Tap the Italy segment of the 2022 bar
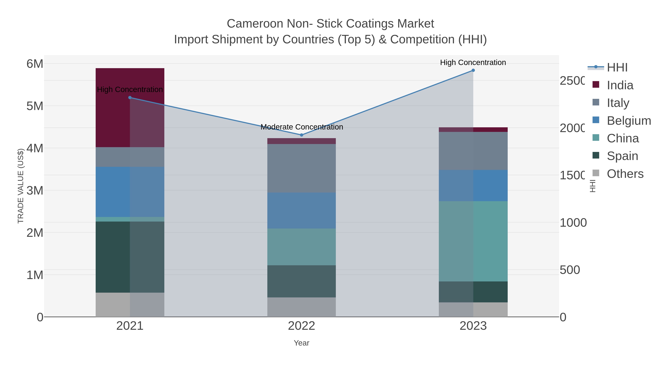(301, 168)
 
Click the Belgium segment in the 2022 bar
(301, 211)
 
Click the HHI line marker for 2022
(301, 135)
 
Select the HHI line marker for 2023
(473, 70)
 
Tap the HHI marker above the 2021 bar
(130, 98)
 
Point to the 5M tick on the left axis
(35, 106)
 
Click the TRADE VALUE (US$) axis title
(21, 186)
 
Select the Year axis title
(301, 343)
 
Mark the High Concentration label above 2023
(473, 63)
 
